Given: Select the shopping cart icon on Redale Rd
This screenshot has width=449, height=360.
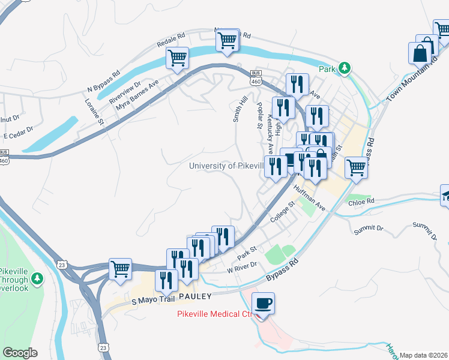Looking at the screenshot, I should (x=227, y=41).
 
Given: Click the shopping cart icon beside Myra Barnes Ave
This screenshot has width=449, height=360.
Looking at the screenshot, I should (x=177, y=58).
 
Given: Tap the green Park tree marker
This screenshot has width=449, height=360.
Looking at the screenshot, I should (x=344, y=68).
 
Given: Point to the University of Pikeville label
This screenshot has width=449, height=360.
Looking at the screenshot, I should (x=226, y=166).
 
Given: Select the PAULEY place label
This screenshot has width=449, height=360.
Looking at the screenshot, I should (x=194, y=296).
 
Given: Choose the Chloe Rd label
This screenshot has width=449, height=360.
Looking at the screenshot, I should (x=361, y=202).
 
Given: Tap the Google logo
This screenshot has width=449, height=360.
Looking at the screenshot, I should (x=20, y=353).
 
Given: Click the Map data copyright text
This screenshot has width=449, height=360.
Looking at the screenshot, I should (x=424, y=355).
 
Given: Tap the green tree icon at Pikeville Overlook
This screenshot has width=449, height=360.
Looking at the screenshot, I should (x=37, y=278).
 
